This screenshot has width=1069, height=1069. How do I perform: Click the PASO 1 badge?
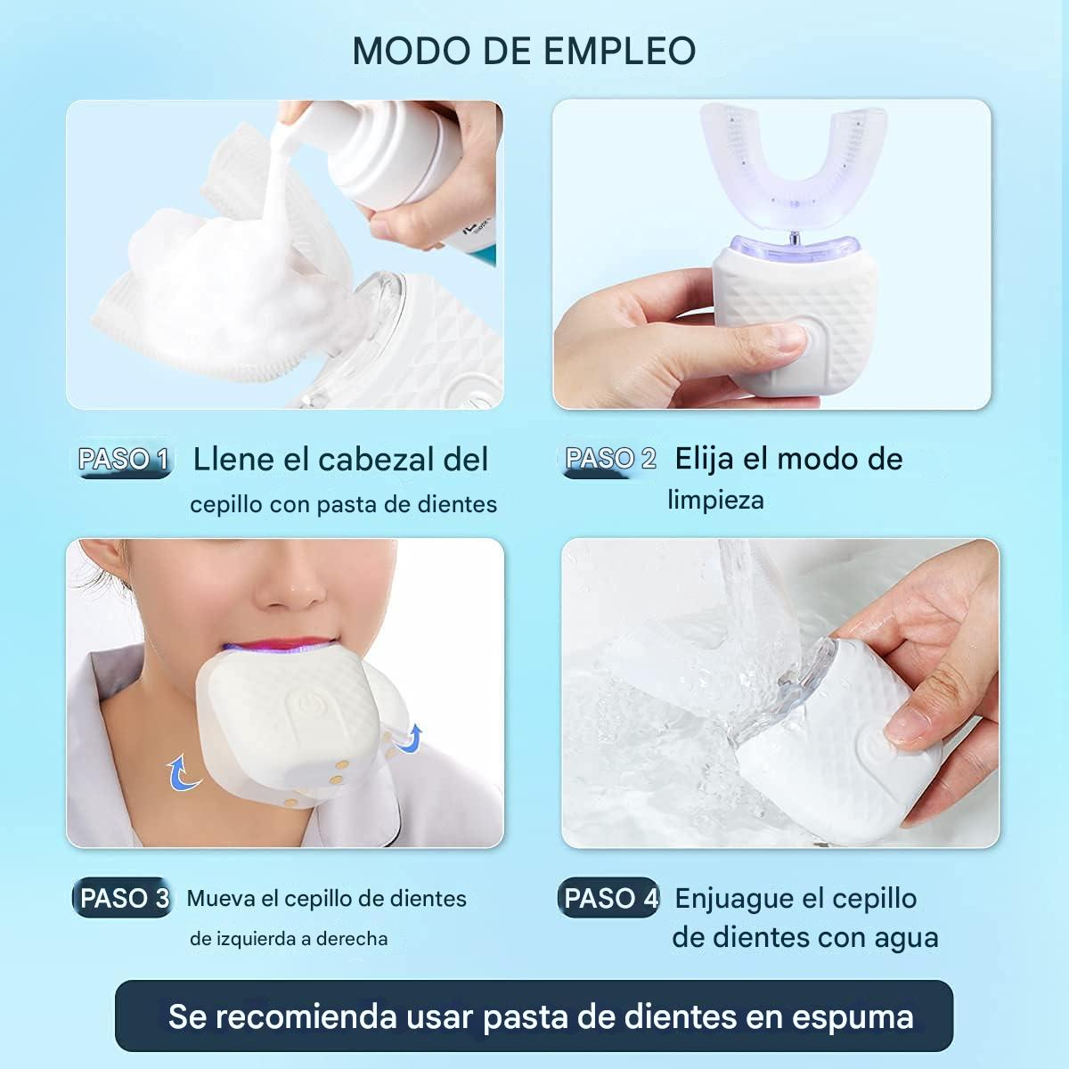[x=123, y=460]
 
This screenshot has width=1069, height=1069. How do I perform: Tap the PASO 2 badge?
[x=610, y=460]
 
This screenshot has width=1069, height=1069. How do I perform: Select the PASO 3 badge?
[x=123, y=898]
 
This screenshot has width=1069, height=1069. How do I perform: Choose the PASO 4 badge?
[x=611, y=898]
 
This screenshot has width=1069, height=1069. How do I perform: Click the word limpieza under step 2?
[x=715, y=500]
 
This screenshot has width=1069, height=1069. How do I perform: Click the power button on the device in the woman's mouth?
[x=309, y=706]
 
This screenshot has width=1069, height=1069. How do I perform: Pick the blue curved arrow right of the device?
[x=410, y=738]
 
